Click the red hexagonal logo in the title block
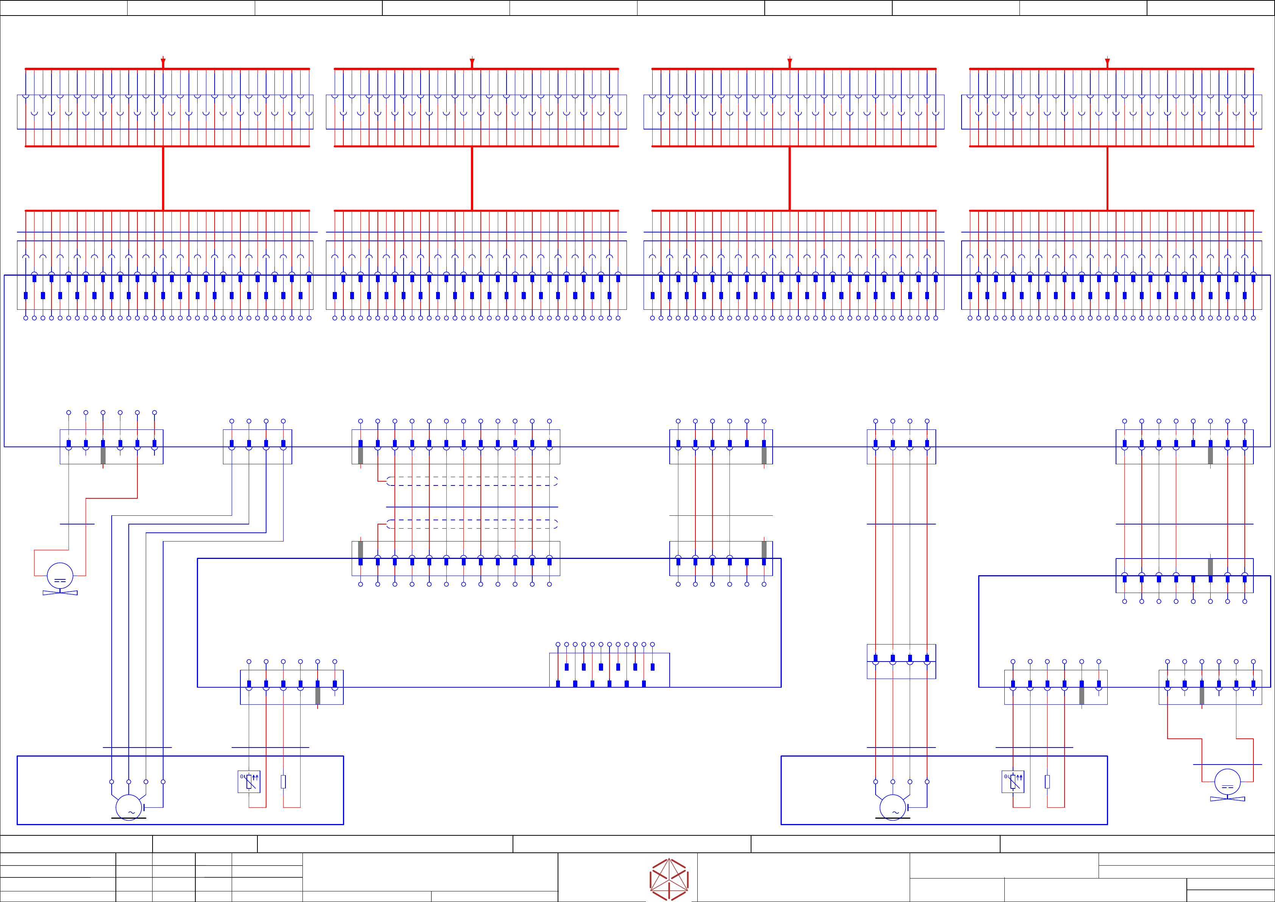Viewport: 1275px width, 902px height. [x=669, y=879]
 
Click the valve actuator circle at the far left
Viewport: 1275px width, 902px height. [x=60, y=576]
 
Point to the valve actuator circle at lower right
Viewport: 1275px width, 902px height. [x=1227, y=783]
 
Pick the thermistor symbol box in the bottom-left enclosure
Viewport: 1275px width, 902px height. [x=249, y=782]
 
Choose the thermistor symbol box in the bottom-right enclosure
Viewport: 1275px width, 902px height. [x=1013, y=782]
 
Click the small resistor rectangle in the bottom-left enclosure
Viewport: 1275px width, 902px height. [x=283, y=782]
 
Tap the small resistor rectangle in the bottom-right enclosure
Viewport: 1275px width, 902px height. [x=1047, y=782]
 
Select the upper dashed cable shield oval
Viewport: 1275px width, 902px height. [x=472, y=481]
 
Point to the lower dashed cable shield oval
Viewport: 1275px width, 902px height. [x=472, y=524]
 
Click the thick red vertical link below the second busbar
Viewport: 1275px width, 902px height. [x=472, y=178]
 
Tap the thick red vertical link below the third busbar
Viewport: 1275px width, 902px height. [x=790, y=178]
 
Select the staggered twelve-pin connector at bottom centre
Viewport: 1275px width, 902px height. [x=609, y=670]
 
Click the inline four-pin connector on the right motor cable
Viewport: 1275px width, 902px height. [x=901, y=661]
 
